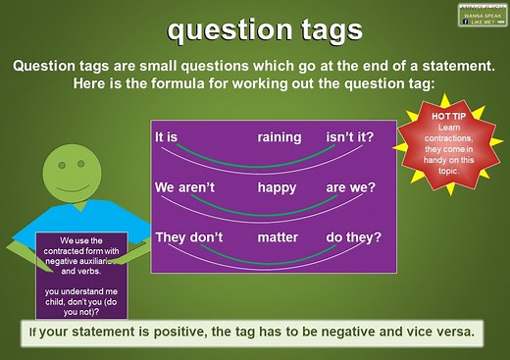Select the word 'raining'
coord(280,138)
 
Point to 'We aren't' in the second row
coord(184,186)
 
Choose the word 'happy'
coord(277,186)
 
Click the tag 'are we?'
coord(351,186)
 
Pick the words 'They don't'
coord(189,236)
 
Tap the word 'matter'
coord(278,236)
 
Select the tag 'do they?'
coord(354,236)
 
